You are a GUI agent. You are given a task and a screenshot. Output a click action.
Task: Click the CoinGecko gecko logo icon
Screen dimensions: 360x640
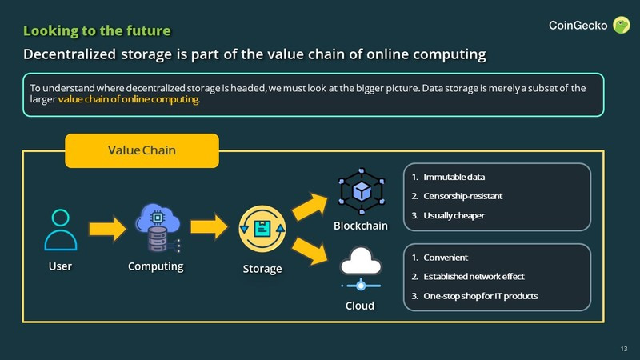[620, 26]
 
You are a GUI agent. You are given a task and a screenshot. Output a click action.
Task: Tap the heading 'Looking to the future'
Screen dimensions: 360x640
[97, 31]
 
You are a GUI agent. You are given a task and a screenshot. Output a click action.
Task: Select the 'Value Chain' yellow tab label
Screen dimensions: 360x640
[142, 150]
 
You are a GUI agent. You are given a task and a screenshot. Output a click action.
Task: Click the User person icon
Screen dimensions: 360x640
[61, 230]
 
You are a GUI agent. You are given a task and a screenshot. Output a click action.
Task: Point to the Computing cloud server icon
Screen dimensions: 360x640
[157, 228]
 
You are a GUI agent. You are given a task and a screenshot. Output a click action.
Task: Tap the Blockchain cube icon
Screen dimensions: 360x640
[362, 190]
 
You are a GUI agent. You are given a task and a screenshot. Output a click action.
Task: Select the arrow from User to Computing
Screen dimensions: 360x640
[107, 229]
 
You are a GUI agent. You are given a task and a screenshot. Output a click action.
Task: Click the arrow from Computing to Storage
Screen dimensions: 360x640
[210, 229]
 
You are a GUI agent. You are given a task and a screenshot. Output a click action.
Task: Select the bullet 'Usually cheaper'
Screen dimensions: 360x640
[454, 215]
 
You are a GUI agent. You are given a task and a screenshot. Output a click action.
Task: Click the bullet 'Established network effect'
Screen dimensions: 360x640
[474, 277]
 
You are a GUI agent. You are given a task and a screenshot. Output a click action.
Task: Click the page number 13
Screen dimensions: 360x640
[623, 348]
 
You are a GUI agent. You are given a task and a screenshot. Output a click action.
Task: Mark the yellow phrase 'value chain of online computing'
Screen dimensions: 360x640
[128, 102]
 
